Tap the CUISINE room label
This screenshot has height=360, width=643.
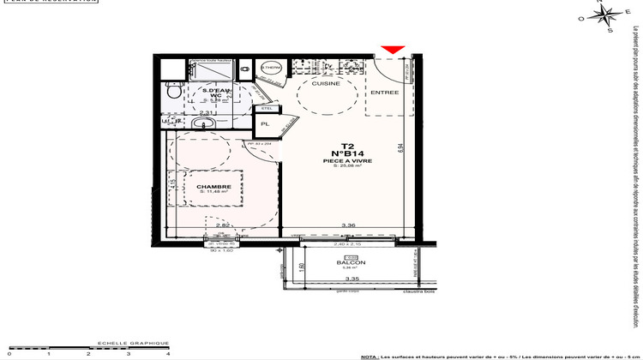pyautogui.click(x=326, y=84)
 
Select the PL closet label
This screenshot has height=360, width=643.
pyautogui.click(x=266, y=147)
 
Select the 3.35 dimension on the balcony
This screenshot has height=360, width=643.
pyautogui.click(x=351, y=279)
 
